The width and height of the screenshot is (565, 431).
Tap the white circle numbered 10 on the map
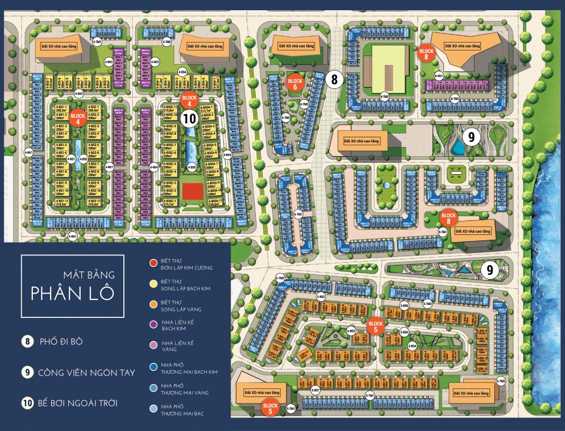[x=189, y=119]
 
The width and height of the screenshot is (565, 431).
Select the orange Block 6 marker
[x=296, y=81]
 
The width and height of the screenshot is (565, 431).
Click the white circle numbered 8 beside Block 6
[x=334, y=80]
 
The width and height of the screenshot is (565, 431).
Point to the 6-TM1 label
[x=297, y=214]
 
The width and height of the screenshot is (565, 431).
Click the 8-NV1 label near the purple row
[x=438, y=76]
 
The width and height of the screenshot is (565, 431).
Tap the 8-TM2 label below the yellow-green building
[x=385, y=97]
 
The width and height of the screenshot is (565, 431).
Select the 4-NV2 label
[x=156, y=62]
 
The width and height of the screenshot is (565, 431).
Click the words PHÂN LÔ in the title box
[x=72, y=293]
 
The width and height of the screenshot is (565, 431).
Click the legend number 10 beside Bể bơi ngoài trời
[x=27, y=402]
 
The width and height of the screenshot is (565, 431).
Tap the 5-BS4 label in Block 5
[x=413, y=345]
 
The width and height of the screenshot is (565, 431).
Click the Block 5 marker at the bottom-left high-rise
[x=270, y=408]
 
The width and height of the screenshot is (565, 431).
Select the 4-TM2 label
[x=167, y=42]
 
